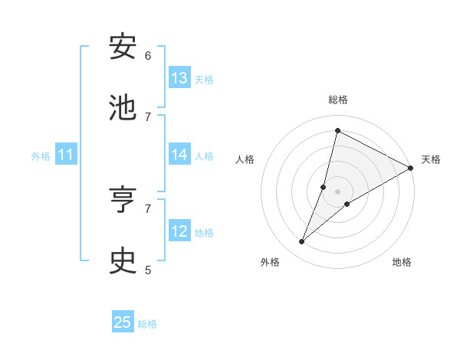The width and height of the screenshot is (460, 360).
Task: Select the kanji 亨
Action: click(x=123, y=201)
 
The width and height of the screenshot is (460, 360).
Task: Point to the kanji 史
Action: click(x=123, y=261)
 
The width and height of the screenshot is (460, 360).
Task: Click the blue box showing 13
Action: click(x=179, y=78)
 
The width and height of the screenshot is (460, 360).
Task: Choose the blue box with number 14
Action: click(x=179, y=155)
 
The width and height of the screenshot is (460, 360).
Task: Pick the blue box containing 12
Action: click(x=179, y=231)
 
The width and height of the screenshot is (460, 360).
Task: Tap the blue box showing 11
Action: click(x=66, y=155)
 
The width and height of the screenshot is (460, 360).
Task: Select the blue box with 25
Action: click(x=123, y=322)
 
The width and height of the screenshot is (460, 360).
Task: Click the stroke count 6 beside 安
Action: click(x=148, y=55)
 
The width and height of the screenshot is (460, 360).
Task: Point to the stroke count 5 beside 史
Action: click(x=148, y=270)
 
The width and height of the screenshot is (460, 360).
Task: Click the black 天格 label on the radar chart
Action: click(x=431, y=159)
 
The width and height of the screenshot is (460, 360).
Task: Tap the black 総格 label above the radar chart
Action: click(x=338, y=100)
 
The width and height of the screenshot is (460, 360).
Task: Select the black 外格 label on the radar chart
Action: click(x=270, y=262)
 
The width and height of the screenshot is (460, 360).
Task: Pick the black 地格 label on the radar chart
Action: click(x=402, y=262)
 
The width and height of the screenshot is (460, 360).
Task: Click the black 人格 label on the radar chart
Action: click(x=245, y=159)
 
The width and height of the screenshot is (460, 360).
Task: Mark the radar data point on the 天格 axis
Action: click(x=411, y=168)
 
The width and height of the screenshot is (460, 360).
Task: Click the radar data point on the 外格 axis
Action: click(x=302, y=242)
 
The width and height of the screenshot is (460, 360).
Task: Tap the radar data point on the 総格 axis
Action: click(x=337, y=130)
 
